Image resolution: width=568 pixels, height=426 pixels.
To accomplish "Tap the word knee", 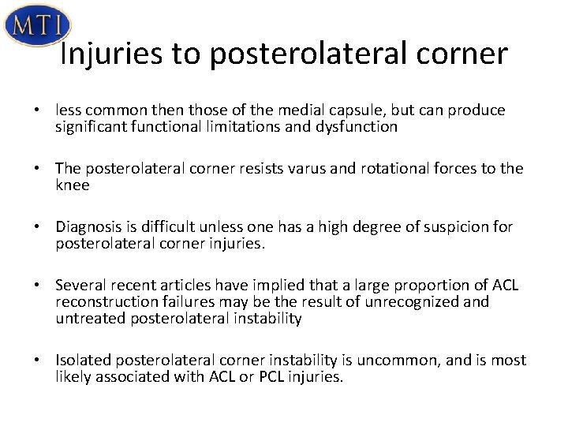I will (73, 185).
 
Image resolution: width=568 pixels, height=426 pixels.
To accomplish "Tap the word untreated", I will (85, 318).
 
